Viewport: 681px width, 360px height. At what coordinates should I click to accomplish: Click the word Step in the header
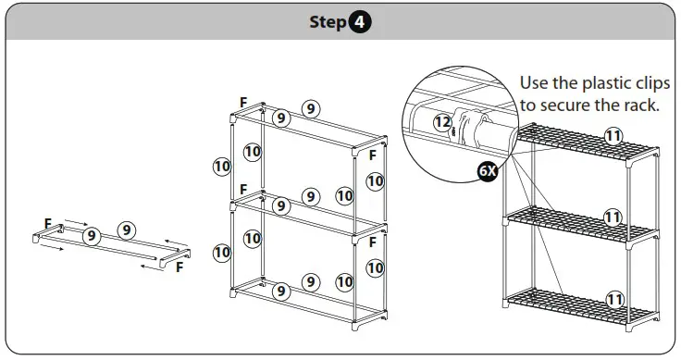(x=328, y=21)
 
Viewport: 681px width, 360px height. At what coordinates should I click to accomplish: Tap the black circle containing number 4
(x=359, y=21)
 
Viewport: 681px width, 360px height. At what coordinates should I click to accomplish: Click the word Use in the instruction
(x=534, y=82)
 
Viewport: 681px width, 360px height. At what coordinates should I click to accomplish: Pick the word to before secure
(x=528, y=106)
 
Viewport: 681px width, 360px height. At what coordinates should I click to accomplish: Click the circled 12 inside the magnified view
(x=442, y=122)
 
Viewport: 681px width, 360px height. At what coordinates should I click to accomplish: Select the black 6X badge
(x=488, y=171)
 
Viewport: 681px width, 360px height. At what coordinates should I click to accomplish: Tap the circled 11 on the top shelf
(x=613, y=136)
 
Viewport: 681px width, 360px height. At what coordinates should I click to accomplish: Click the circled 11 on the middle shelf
(x=613, y=217)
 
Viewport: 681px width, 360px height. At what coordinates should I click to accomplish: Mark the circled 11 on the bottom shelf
(x=614, y=299)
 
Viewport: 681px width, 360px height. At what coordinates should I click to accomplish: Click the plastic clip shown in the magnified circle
(x=467, y=129)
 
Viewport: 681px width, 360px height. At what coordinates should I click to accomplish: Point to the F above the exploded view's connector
(x=48, y=224)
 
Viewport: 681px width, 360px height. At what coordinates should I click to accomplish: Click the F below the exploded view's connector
(x=180, y=267)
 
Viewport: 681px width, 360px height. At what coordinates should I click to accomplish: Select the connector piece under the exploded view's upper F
(x=48, y=233)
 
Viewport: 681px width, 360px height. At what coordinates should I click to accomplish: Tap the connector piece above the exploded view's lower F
(x=175, y=258)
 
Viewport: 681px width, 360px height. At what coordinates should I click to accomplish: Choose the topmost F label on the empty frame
(x=243, y=103)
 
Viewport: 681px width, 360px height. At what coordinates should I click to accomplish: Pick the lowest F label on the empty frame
(x=372, y=242)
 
